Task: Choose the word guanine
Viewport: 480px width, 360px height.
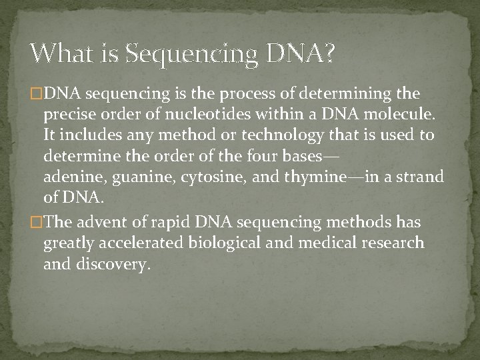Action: pyautogui.click(x=137, y=177)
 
